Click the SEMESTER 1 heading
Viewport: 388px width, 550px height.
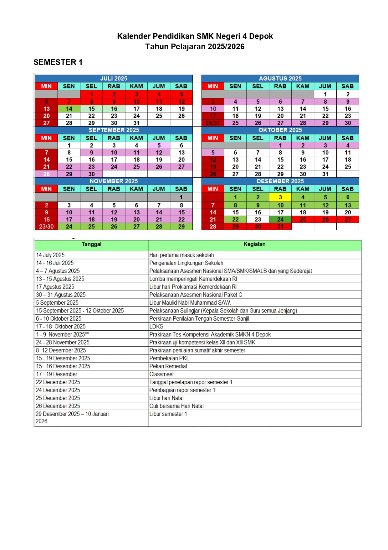(58, 62)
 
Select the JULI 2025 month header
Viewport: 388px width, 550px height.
(114, 78)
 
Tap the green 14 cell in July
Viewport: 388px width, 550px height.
(69, 109)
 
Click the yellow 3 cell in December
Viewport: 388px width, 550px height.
(280, 197)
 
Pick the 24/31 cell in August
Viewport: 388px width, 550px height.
(213, 123)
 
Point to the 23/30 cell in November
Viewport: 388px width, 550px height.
(46, 227)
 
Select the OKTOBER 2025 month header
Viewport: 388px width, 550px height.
(280, 130)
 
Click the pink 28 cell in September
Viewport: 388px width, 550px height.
(46, 174)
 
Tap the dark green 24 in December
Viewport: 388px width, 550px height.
(280, 220)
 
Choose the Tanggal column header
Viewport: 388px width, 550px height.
(91, 244)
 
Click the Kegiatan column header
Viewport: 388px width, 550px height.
(254, 244)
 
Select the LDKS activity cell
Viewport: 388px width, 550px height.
(156, 327)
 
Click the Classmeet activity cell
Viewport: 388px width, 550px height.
(161, 374)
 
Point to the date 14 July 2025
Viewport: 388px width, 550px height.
(50, 255)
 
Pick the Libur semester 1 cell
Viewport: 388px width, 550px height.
(168, 414)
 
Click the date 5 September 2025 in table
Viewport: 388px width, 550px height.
(57, 303)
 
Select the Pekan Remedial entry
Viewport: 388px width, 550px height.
(168, 366)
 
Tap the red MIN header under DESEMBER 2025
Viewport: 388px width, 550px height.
(213, 189)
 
